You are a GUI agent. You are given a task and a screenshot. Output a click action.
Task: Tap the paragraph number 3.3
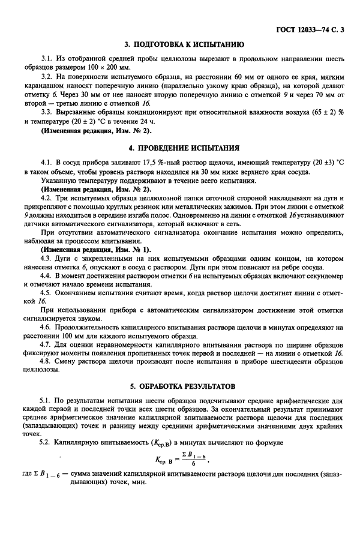click(x=46, y=113)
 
